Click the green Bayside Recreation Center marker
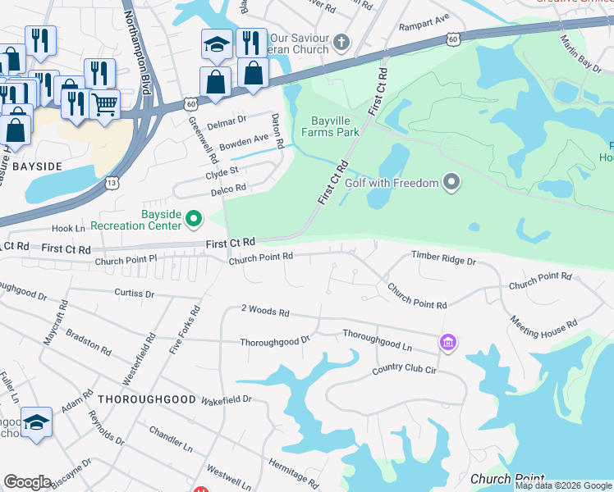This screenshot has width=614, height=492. coord(194,218)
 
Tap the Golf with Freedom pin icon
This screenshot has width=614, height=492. coord(451,182)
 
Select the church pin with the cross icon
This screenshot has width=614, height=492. coord(342,41)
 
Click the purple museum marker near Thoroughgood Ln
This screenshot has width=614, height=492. coord(448,341)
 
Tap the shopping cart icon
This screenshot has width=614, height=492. coord(105,104)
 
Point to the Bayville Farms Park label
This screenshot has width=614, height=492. coord(331,125)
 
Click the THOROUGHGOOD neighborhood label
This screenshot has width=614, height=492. coord(147,399)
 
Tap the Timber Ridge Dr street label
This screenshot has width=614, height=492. coord(443,259)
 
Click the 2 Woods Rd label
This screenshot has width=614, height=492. coord(265,312)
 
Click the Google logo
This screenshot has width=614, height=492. coord(27,482)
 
